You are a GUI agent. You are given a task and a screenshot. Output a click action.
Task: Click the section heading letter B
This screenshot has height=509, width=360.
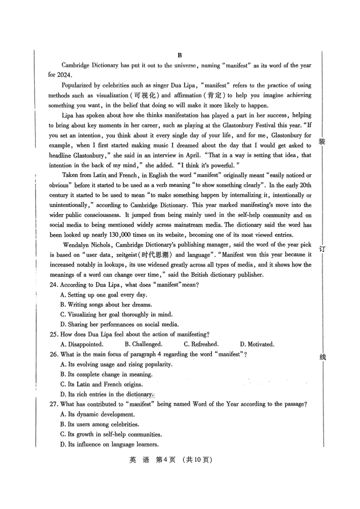click(x=179, y=55)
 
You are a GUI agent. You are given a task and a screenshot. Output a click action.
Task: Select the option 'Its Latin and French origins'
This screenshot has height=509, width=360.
click(x=104, y=384)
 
